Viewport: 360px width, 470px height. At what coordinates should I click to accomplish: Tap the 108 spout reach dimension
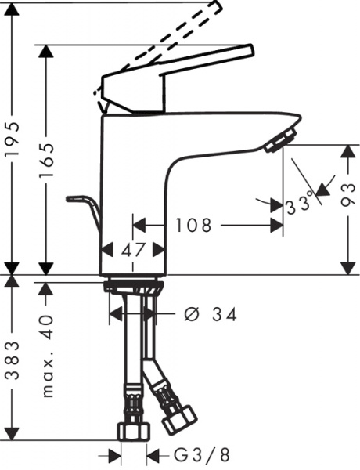coord(193,226)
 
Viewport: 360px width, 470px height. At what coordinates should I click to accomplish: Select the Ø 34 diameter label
coord(209,314)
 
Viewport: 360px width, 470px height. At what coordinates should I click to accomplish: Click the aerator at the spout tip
coord(276,142)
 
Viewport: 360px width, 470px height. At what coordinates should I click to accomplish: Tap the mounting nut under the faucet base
coord(133,287)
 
